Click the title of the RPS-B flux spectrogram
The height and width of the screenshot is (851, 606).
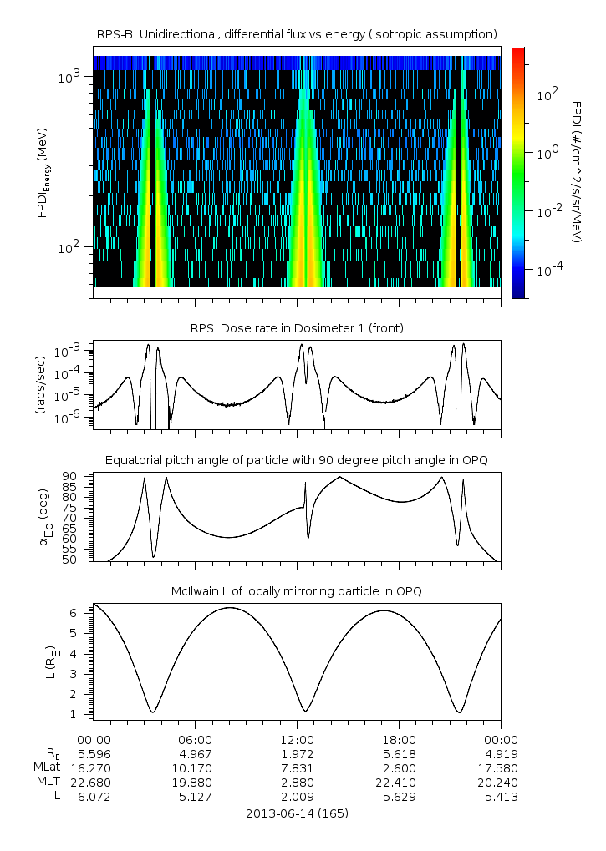click(x=297, y=33)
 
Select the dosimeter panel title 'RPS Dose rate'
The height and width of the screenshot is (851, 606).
click(x=297, y=328)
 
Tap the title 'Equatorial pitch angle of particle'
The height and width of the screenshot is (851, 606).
click(x=297, y=460)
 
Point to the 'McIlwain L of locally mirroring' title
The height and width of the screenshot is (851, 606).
click(x=297, y=591)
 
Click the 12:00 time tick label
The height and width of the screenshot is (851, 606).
click(x=297, y=739)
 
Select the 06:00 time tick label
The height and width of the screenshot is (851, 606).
click(x=195, y=739)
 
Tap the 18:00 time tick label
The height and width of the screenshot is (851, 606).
click(x=399, y=739)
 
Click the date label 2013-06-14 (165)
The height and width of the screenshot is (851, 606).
click(x=297, y=813)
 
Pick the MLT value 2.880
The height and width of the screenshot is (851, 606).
click(x=297, y=783)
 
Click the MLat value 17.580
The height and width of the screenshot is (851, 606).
click(x=501, y=768)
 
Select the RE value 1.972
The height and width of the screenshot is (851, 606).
click(x=297, y=754)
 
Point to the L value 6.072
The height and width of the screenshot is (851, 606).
click(x=94, y=797)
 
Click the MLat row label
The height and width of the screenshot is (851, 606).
click(x=42, y=768)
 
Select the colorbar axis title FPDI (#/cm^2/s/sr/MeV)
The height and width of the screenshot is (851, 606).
click(x=577, y=171)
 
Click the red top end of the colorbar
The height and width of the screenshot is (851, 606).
click(x=517, y=52)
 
